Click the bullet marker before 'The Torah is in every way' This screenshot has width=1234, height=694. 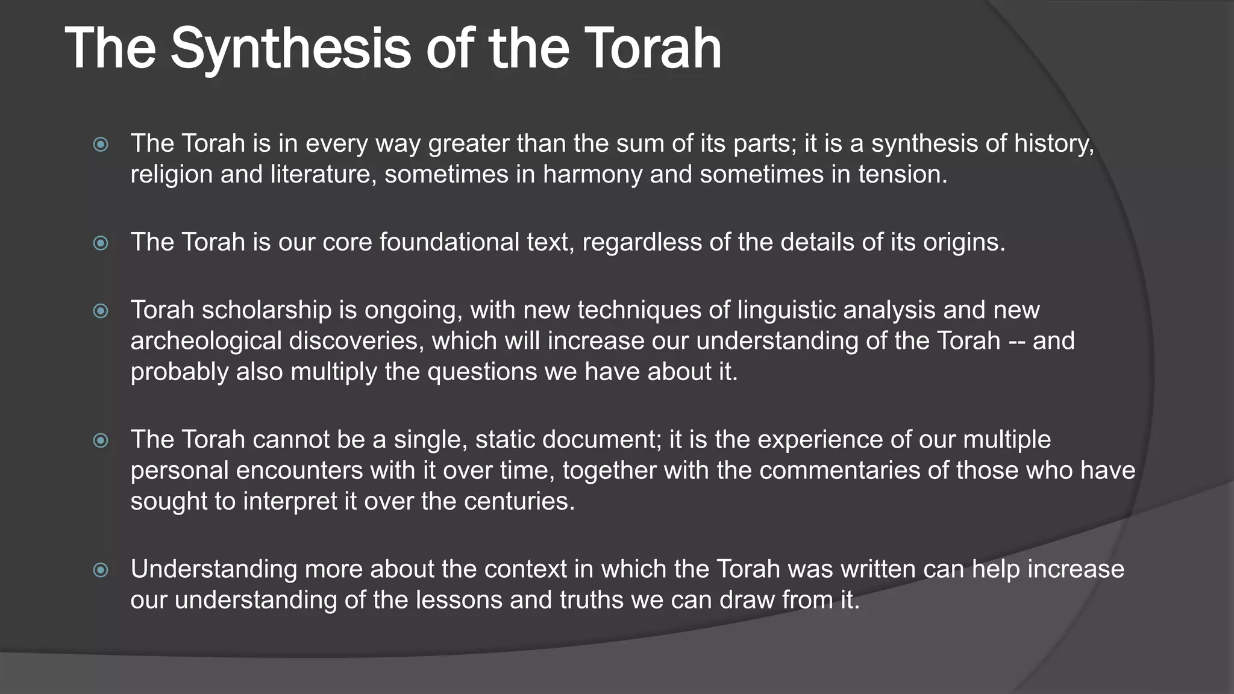pos(101,145)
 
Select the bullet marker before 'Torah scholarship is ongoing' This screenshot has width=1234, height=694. pos(101,311)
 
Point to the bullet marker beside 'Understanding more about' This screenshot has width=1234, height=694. pos(101,570)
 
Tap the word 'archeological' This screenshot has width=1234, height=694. pos(205,341)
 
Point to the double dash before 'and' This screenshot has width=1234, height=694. pos(1016,342)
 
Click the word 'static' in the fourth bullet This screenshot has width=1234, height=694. pos(505,440)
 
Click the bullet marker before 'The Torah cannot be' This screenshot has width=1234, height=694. pos(101,440)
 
